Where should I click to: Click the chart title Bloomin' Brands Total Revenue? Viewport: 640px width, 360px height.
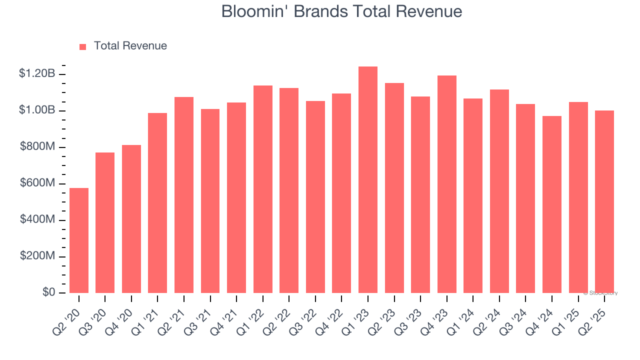pos(341,11)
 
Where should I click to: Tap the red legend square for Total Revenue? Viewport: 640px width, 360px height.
pos(83,46)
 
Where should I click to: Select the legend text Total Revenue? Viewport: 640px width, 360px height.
pos(130,46)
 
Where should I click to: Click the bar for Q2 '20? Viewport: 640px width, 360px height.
pos(79,240)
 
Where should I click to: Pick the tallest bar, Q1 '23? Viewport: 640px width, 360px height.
pos(368,180)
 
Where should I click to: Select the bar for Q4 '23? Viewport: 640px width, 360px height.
pos(447,184)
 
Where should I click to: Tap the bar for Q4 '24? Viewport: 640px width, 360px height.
pos(552,204)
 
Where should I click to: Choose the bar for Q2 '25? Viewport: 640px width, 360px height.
pos(604,202)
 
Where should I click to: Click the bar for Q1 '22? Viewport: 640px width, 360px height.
pos(263,189)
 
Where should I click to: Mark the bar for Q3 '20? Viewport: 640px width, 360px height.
pos(105,223)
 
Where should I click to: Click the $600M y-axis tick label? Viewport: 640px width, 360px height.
pos(37,183)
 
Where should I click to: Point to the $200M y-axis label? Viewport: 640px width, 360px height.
pos(37,256)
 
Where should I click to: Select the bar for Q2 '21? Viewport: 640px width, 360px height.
pos(184,195)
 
